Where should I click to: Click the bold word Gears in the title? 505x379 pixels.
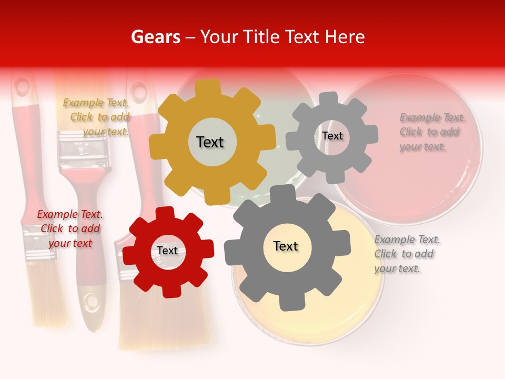coord(155,37)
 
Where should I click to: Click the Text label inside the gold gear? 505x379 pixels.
coord(210,142)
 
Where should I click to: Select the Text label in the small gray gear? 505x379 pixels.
coord(332,136)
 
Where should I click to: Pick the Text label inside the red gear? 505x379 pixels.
coord(167,251)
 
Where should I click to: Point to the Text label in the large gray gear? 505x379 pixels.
coord(286,246)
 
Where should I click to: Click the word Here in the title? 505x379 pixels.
coord(344,37)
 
